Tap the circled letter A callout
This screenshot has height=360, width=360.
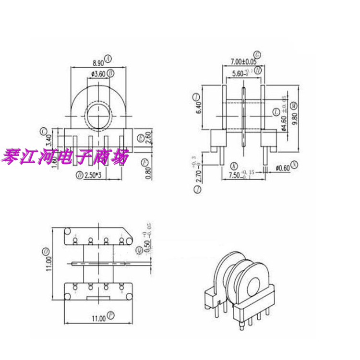pos(108,59)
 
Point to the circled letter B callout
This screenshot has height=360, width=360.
pos(110,73)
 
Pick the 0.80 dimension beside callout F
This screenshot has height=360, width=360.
pos(148,171)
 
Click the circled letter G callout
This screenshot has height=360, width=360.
pos(257,54)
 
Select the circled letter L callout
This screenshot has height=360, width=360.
pos(276,111)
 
